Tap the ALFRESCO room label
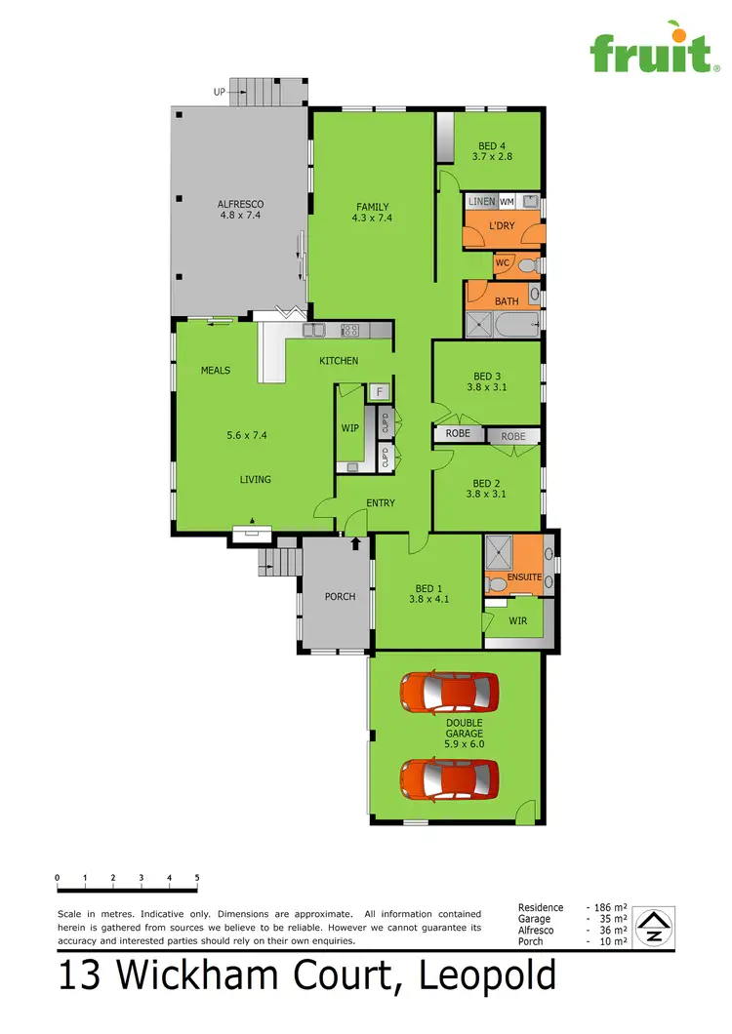point(240,210)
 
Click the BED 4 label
point(492,146)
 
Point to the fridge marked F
point(379,392)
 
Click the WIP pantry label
point(350,428)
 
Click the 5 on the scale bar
point(197,878)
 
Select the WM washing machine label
point(507,201)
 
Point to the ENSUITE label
point(523,577)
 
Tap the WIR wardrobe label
point(517,619)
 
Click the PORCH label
point(340,597)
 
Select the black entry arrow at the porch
point(356,541)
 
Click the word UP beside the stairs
point(220,93)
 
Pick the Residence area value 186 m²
point(609,908)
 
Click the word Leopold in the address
point(488,977)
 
